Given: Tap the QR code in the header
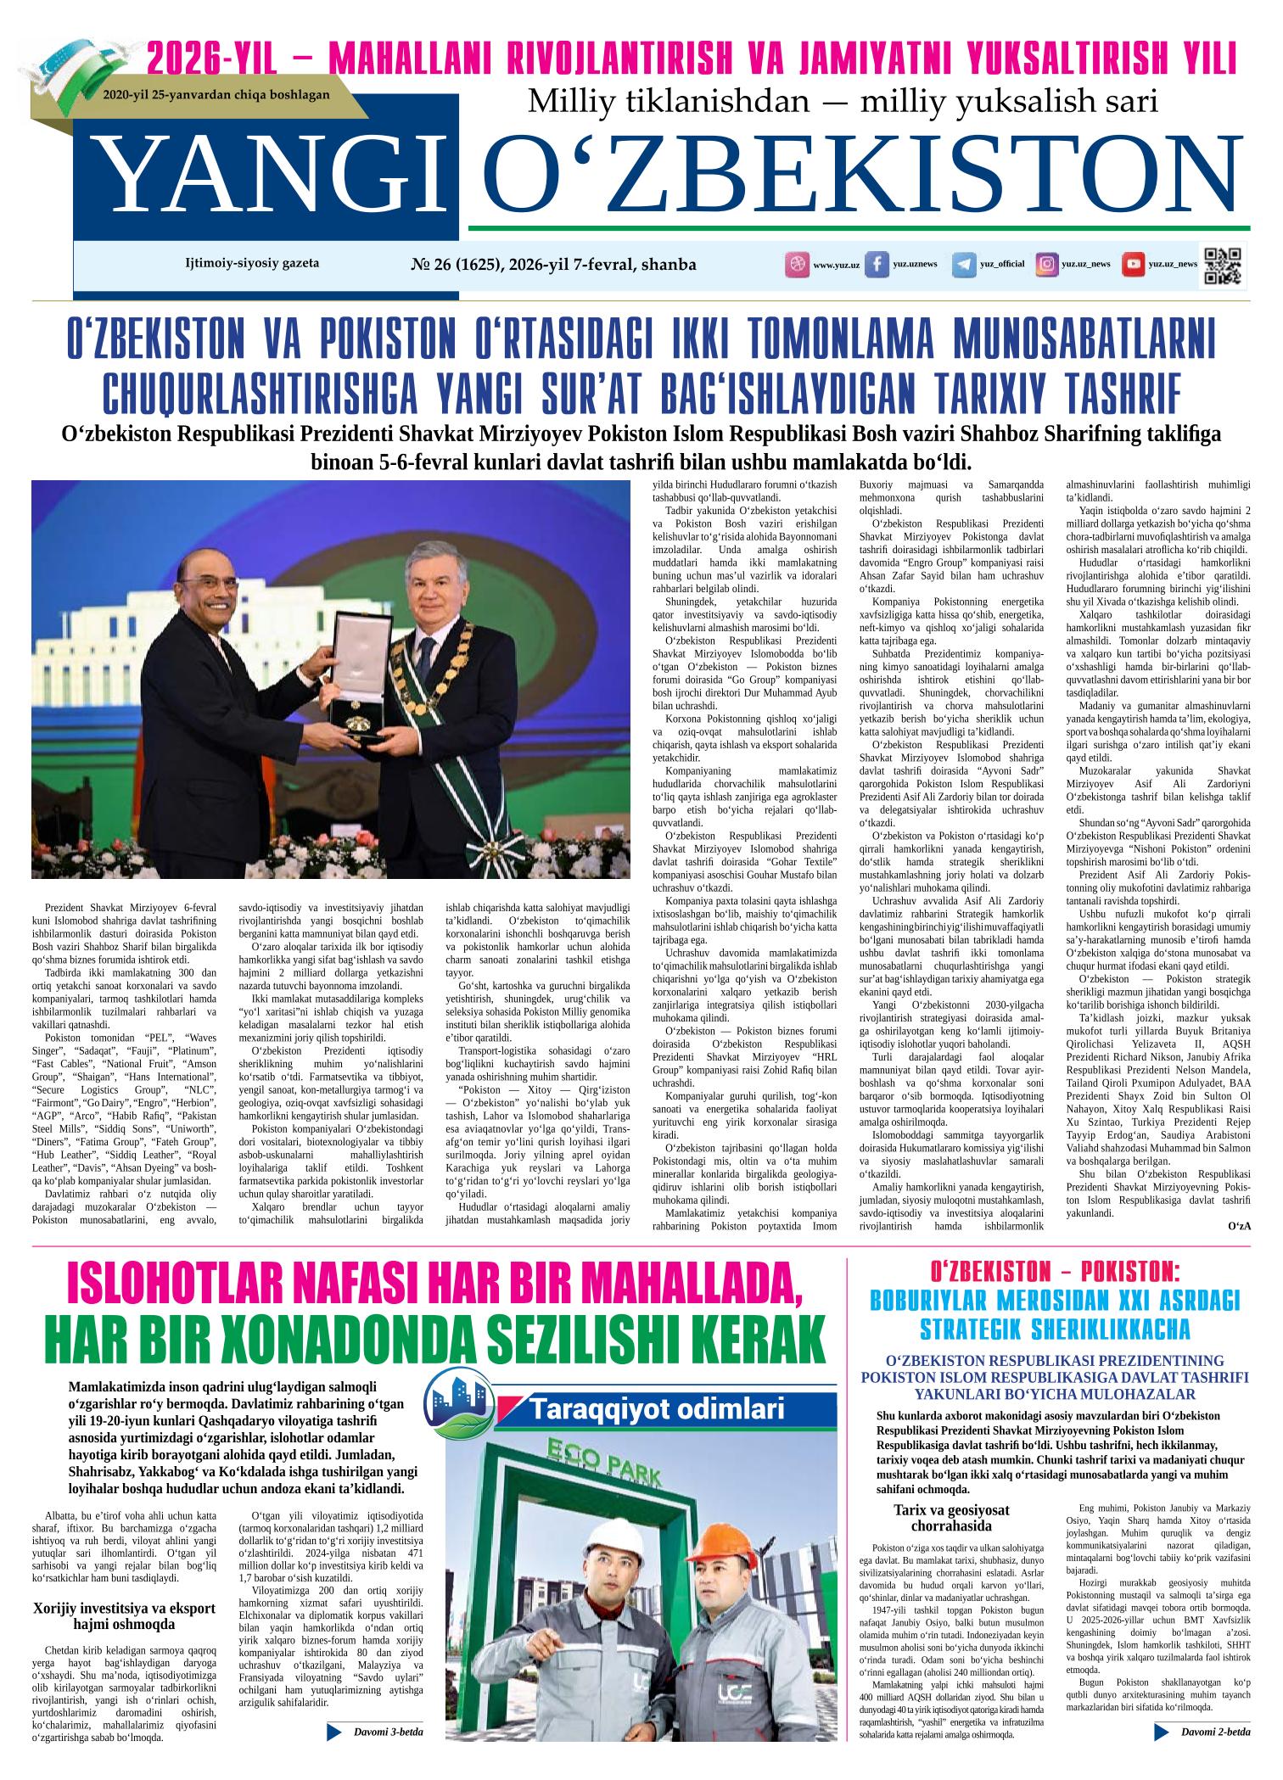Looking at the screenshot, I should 1223,265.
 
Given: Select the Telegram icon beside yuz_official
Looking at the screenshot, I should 963,265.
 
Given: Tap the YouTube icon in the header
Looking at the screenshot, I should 1132,265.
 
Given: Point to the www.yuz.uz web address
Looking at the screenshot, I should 836,266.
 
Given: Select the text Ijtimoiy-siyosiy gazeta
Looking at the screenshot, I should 252,263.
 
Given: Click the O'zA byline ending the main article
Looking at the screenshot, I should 1239,1226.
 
